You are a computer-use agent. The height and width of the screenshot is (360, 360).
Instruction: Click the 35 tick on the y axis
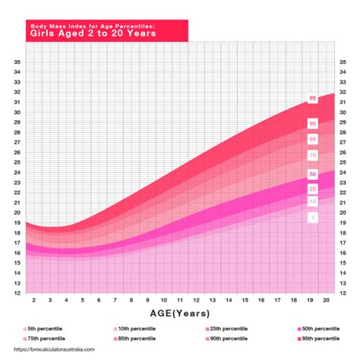click(x=16, y=62)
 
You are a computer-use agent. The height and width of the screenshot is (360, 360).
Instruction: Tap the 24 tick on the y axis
click(x=16, y=172)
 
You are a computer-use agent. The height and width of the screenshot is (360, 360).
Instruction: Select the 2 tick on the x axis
click(x=34, y=301)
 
